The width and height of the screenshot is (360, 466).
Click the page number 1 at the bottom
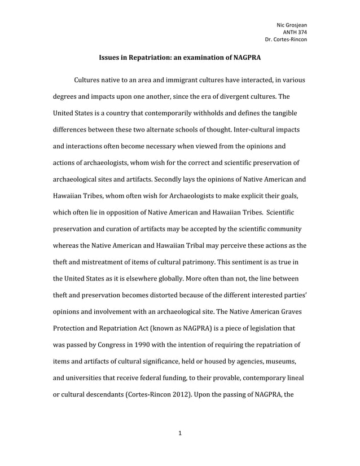pyautogui.click(x=179, y=433)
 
